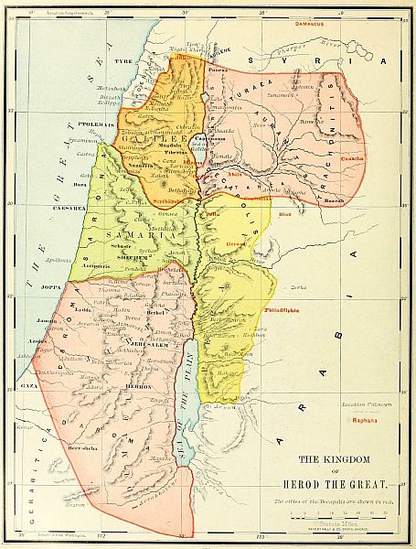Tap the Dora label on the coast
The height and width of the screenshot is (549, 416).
[80, 185]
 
